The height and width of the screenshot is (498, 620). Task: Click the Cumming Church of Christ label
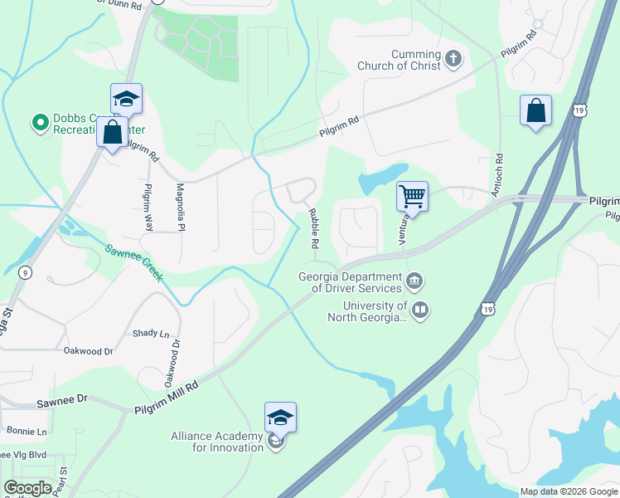coord(399,59)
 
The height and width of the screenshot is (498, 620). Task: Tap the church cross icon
coord(453,59)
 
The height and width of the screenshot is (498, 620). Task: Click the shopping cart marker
coord(412,197)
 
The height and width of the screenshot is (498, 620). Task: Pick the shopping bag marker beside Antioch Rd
coord(536,110)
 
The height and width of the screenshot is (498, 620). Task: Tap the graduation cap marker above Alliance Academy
coord(280,417)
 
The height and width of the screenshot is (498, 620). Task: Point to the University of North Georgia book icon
coord(420,311)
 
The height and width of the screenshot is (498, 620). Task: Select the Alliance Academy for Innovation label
coord(216,442)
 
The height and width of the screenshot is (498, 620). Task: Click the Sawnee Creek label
coord(133,261)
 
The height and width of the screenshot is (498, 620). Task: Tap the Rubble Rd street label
coord(314,229)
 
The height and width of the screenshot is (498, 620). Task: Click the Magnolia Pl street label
coord(180,206)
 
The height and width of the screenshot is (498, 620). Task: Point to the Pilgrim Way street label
coord(149,206)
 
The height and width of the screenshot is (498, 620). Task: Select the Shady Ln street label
coord(150,333)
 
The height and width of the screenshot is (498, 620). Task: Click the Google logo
coord(27,488)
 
